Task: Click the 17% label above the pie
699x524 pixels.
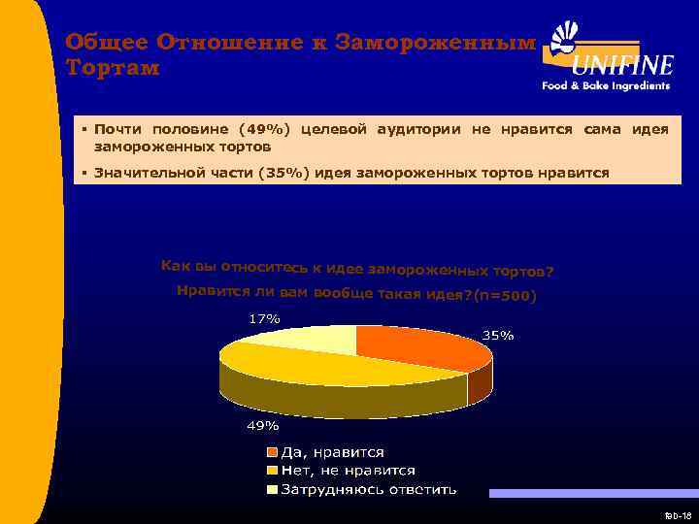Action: point(264,318)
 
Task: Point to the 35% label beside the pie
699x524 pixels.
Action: point(498,336)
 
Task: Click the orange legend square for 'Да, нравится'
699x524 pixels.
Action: point(274,452)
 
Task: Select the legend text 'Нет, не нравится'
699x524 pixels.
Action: point(348,471)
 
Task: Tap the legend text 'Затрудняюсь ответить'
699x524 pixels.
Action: point(368,489)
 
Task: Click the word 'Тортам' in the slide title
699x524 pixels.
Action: point(113,69)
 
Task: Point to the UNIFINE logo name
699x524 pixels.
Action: point(621,65)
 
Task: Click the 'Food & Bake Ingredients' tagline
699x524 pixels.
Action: point(606,85)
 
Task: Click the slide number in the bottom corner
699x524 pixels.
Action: point(677,514)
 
